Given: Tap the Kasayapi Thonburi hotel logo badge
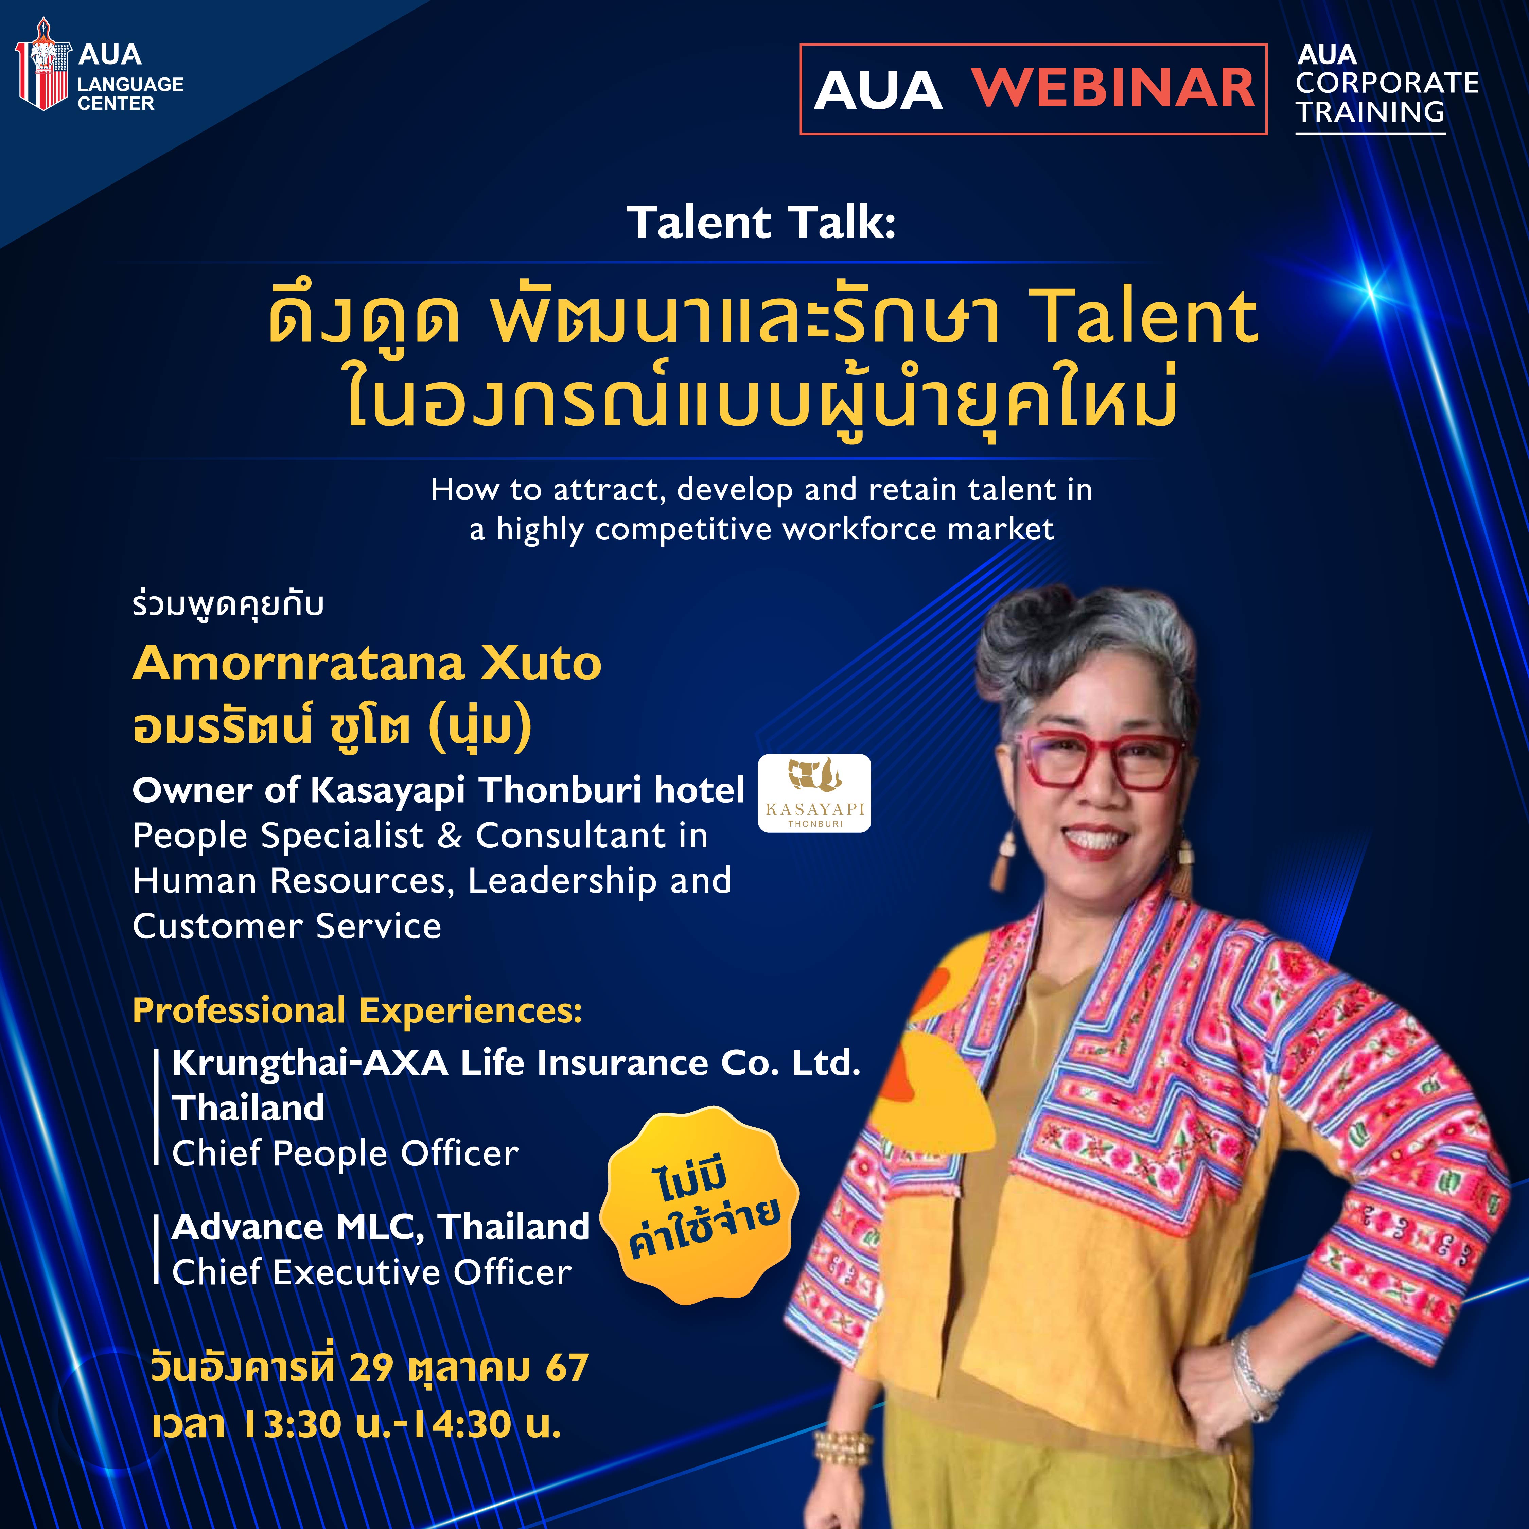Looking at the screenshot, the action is pos(814,793).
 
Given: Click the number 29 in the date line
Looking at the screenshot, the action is pos(371,1367).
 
